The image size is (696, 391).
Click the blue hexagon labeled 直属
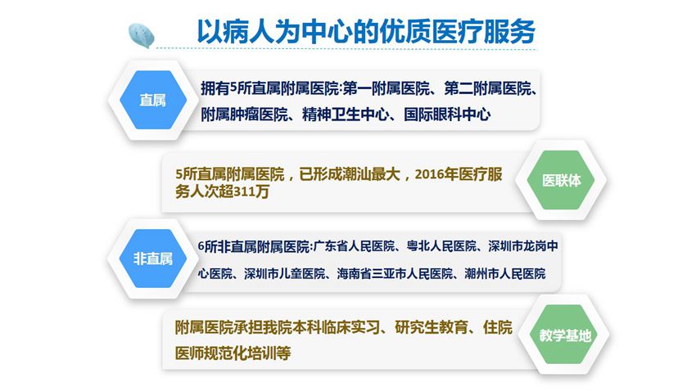click(153, 100)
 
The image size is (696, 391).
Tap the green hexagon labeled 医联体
click(561, 180)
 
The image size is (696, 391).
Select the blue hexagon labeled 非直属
click(153, 258)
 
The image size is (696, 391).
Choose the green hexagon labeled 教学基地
click(565, 335)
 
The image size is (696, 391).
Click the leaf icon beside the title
click(141, 35)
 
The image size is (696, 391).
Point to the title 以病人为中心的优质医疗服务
click(366, 31)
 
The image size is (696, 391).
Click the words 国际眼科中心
click(447, 115)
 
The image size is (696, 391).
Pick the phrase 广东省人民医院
click(355, 246)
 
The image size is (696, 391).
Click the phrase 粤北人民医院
click(441, 246)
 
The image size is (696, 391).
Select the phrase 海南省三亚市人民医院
click(395, 274)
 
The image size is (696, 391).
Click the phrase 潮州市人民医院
click(505, 274)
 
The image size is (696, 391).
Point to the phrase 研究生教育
click(431, 328)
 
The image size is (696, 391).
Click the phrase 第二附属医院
click(487, 88)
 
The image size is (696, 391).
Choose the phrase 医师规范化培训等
click(233, 353)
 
